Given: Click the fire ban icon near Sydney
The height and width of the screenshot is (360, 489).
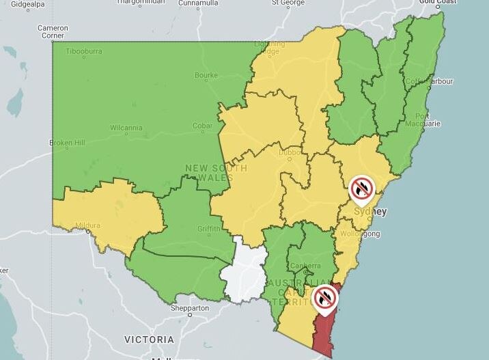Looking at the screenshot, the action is click(361, 188).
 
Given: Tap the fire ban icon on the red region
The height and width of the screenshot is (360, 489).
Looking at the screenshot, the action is click(325, 298).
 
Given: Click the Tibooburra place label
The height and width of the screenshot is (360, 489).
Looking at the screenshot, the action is click(84, 51).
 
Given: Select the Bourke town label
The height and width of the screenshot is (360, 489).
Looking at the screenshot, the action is click(206, 75).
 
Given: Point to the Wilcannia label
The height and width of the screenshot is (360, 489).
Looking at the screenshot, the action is click(126, 127).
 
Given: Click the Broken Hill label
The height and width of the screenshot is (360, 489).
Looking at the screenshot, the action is click(66, 143).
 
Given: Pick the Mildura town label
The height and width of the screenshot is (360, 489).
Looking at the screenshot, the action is click(88, 225).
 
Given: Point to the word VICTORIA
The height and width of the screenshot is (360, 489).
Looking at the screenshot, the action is click(149, 340).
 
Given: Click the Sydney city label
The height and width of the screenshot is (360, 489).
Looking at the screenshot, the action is click(372, 212).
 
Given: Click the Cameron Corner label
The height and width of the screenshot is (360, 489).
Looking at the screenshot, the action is click(53, 31).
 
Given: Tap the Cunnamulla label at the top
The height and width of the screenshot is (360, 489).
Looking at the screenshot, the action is click(198, 3).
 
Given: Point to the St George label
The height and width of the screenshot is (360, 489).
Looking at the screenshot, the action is click(288, 3).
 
